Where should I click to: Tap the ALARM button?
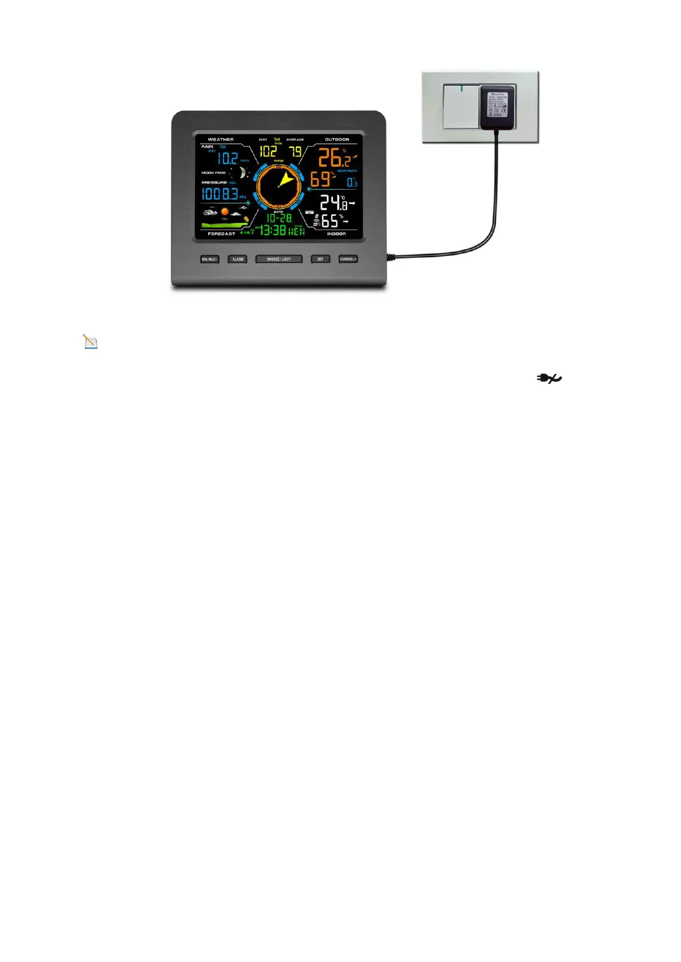[237, 259]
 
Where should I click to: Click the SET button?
[320, 259]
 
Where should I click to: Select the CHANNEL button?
[348, 259]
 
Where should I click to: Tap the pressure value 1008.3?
[220, 194]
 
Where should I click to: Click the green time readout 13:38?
[274, 230]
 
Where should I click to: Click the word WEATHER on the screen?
[221, 139]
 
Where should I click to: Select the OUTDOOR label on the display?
[337, 139]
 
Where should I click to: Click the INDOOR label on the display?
[336, 234]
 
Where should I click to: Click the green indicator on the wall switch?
[461, 88]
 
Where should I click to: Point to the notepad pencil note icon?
[90, 342]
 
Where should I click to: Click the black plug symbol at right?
[549, 378]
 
